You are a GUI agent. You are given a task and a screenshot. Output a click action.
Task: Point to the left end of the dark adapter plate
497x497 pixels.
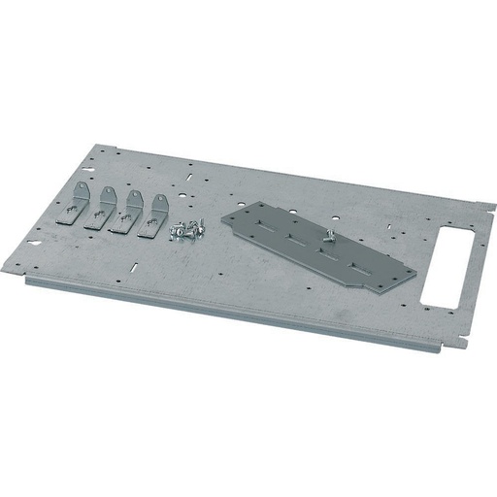(226, 215)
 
